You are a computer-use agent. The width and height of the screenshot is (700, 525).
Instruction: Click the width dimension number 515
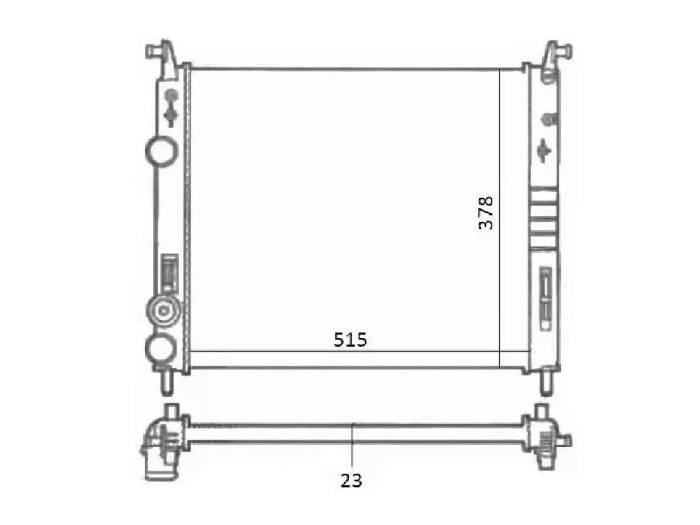pos(350,340)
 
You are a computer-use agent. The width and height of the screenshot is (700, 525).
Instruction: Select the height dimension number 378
pos(486,212)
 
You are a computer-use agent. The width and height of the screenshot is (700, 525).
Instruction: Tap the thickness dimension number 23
pos(351,480)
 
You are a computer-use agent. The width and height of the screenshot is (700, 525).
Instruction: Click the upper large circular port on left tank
pos(161,152)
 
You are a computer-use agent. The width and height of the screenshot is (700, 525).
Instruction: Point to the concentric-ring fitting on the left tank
pos(163,310)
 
